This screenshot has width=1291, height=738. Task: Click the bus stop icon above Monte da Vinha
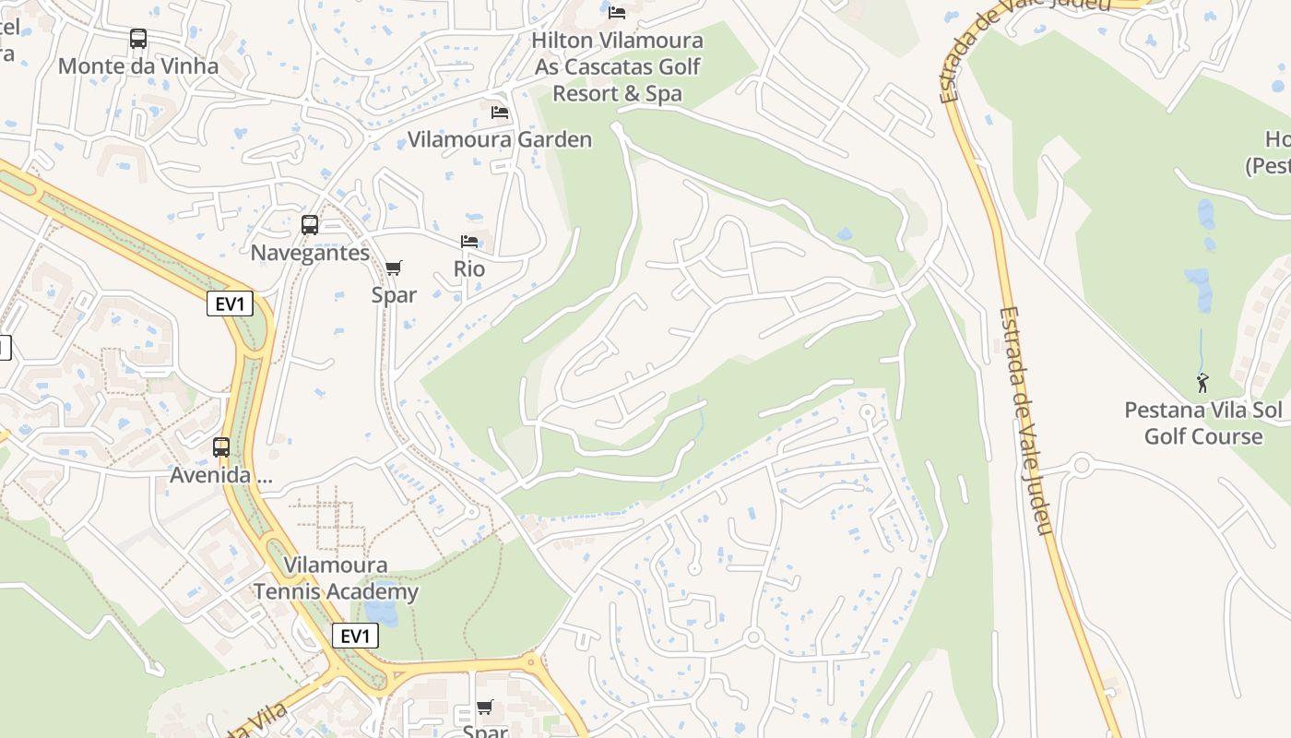(x=138, y=39)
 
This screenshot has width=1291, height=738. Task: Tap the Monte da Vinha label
(x=138, y=66)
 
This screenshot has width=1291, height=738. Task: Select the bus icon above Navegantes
(x=310, y=224)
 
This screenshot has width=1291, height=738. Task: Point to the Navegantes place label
(x=310, y=253)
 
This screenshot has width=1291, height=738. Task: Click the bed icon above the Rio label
(x=469, y=242)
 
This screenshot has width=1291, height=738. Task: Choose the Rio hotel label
(x=469, y=269)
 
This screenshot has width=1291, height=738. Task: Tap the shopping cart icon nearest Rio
(x=394, y=268)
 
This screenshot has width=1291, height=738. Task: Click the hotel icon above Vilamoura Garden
(x=500, y=113)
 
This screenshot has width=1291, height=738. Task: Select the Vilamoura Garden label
(x=500, y=140)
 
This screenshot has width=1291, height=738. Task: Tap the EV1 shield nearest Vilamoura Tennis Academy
(x=355, y=636)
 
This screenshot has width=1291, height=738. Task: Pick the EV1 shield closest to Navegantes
(x=230, y=304)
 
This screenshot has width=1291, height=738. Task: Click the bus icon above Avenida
(x=221, y=447)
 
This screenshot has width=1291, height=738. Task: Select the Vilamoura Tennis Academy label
(x=337, y=578)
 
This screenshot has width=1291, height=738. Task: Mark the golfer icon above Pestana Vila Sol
(x=1202, y=382)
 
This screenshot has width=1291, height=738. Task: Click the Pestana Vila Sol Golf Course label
(x=1203, y=423)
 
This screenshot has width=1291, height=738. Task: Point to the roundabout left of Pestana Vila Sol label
(x=1083, y=466)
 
